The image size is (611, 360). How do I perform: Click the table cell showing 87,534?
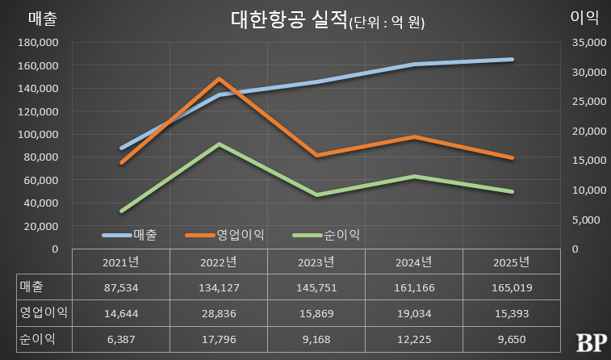122,287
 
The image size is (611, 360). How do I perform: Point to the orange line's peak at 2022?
220,78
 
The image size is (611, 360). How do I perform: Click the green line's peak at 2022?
220,144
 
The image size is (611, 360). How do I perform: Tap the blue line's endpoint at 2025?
513,59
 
